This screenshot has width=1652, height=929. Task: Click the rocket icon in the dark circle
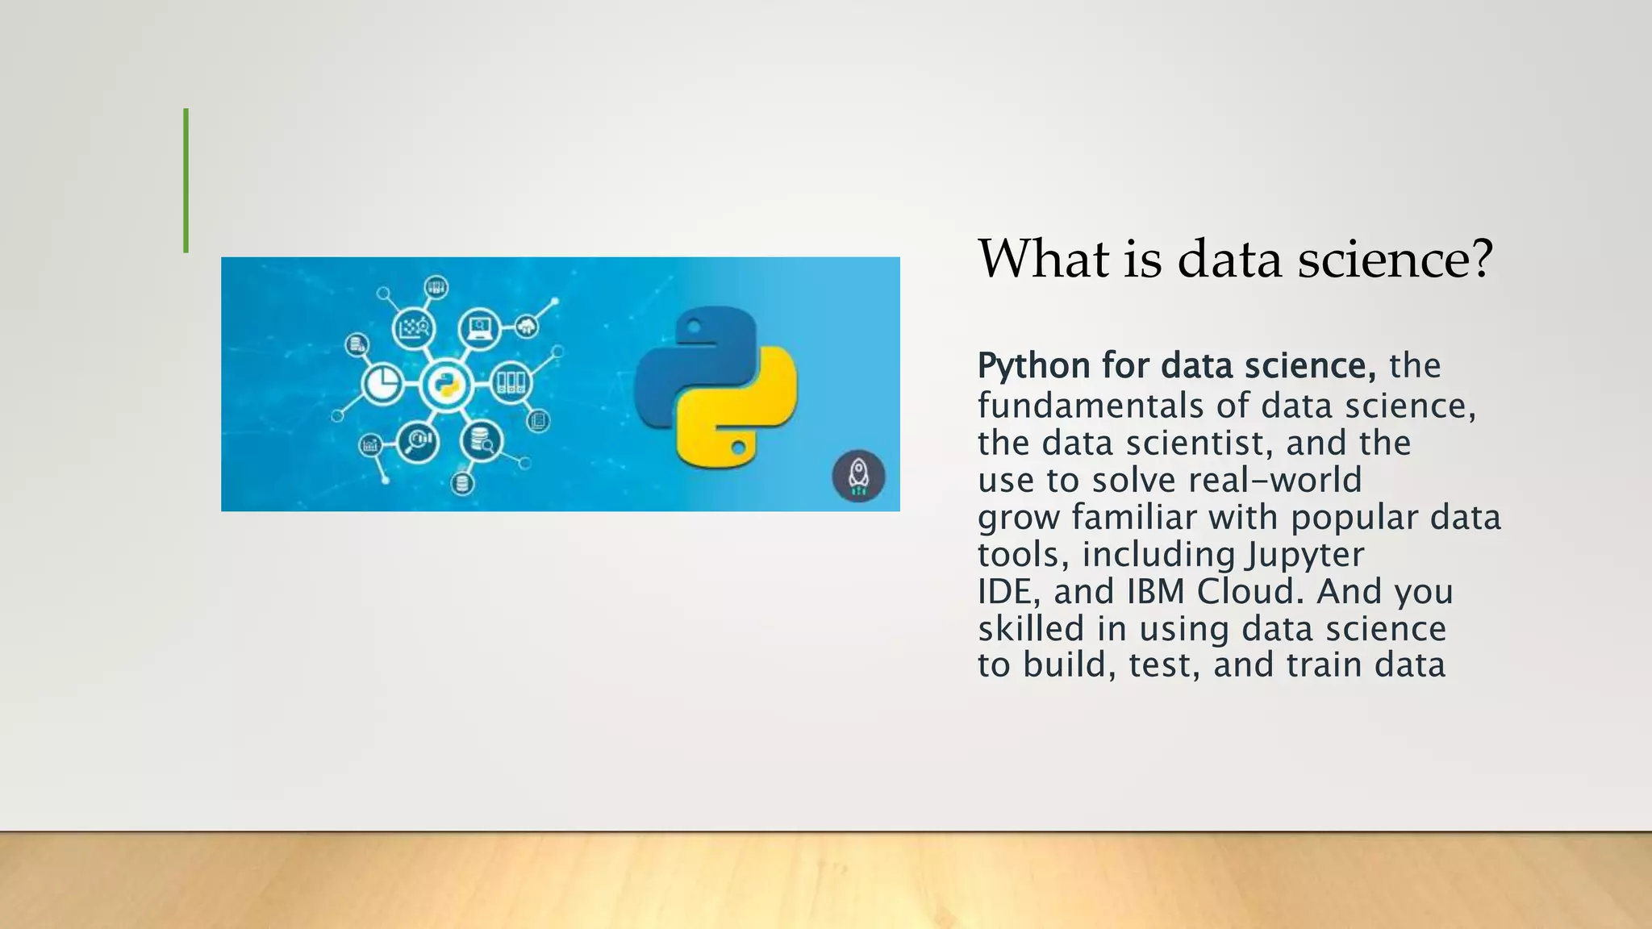pyautogui.click(x=858, y=476)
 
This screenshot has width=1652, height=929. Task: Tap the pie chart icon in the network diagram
pyautogui.click(x=382, y=383)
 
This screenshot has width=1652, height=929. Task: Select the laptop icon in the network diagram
pyautogui.click(x=480, y=327)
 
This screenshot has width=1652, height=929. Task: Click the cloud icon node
pyautogui.click(x=527, y=326)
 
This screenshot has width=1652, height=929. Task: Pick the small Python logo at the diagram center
pyautogui.click(x=445, y=384)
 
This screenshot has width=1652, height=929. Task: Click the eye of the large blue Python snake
pyautogui.click(x=694, y=327)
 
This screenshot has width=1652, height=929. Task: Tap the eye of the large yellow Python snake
pyautogui.click(x=738, y=446)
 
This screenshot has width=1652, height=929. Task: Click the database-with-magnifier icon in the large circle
pyautogui.click(x=482, y=440)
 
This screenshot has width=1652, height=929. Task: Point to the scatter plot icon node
pyautogui.click(x=413, y=327)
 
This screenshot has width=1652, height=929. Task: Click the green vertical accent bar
pyautogui.click(x=186, y=181)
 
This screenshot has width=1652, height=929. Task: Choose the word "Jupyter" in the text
pyautogui.click(x=1304, y=554)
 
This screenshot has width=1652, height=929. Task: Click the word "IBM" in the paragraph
pyautogui.click(x=1155, y=591)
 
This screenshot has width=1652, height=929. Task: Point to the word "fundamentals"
pyautogui.click(x=1091, y=405)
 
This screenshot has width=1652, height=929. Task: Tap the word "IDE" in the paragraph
pyautogui.click(x=1003, y=591)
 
